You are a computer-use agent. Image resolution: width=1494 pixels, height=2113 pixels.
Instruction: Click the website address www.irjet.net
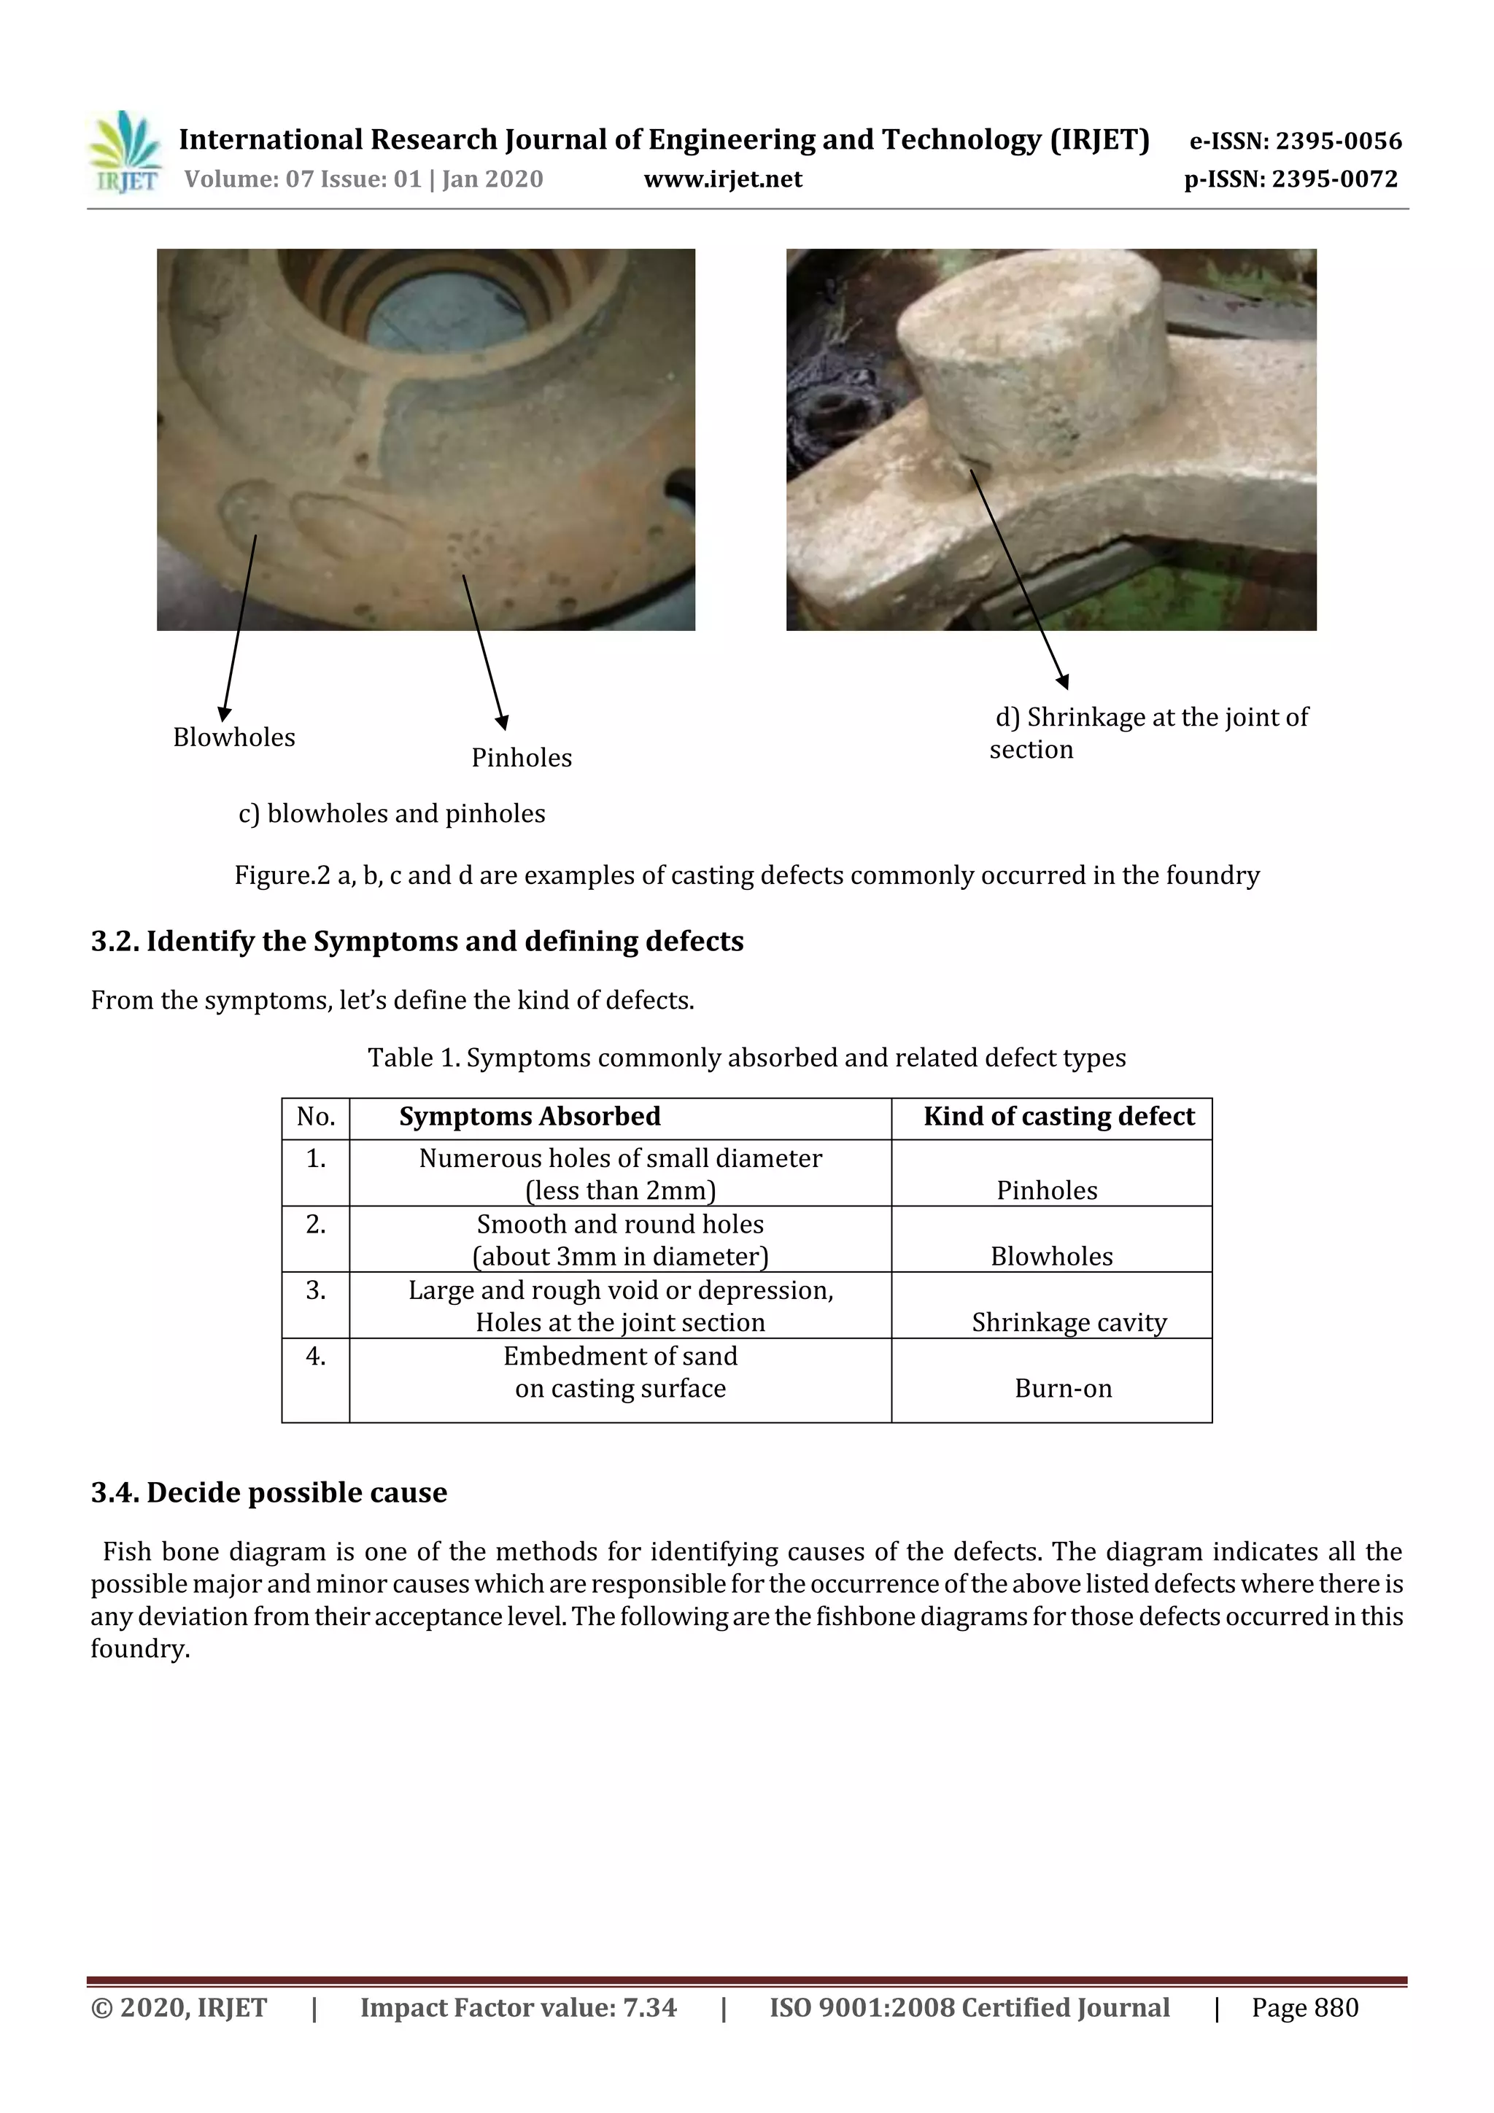pyautogui.click(x=723, y=179)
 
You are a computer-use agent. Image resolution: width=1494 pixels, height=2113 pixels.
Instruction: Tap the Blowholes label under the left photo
pyautogui.click(x=234, y=737)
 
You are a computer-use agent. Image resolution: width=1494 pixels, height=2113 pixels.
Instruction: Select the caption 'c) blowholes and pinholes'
pyautogui.click(x=391, y=813)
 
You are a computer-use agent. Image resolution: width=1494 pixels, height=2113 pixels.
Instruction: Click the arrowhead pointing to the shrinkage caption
pyautogui.click(x=1062, y=682)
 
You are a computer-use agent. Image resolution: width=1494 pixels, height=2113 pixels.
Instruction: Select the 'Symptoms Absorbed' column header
pyautogui.click(x=530, y=1117)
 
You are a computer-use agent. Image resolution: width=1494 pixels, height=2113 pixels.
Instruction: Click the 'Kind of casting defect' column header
pyautogui.click(x=1058, y=1117)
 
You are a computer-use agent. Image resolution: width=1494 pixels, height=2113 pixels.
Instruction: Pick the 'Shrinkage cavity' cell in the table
pyautogui.click(x=1069, y=1322)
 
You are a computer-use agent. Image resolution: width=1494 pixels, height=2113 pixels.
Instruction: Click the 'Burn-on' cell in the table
pyautogui.click(x=1062, y=1388)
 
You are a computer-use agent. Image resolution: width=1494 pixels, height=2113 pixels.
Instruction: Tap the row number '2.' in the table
pyautogui.click(x=316, y=1225)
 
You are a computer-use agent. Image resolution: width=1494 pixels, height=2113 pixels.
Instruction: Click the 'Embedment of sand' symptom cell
pyautogui.click(x=619, y=1371)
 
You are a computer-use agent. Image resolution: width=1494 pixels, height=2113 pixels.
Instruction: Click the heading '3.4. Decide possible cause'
pyautogui.click(x=268, y=1493)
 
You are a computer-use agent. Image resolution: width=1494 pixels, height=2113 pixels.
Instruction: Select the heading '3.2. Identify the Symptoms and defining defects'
pyautogui.click(x=417, y=942)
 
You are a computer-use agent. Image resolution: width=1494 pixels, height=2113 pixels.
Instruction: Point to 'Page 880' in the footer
pyautogui.click(x=1304, y=2007)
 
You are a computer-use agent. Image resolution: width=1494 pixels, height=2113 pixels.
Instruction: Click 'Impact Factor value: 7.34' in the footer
pyautogui.click(x=517, y=2007)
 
